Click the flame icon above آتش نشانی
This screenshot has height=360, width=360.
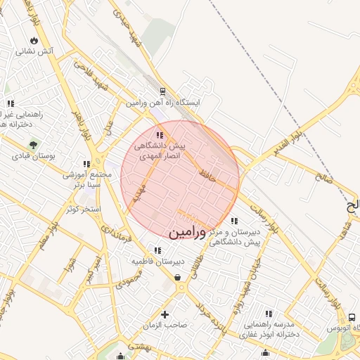[34, 39]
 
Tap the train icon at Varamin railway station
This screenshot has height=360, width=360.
[163, 91]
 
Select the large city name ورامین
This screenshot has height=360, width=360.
[188, 231]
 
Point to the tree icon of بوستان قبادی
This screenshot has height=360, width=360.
[32, 145]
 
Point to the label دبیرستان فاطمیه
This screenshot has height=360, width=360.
[159, 261]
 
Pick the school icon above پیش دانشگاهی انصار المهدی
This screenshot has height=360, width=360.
[160, 135]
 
